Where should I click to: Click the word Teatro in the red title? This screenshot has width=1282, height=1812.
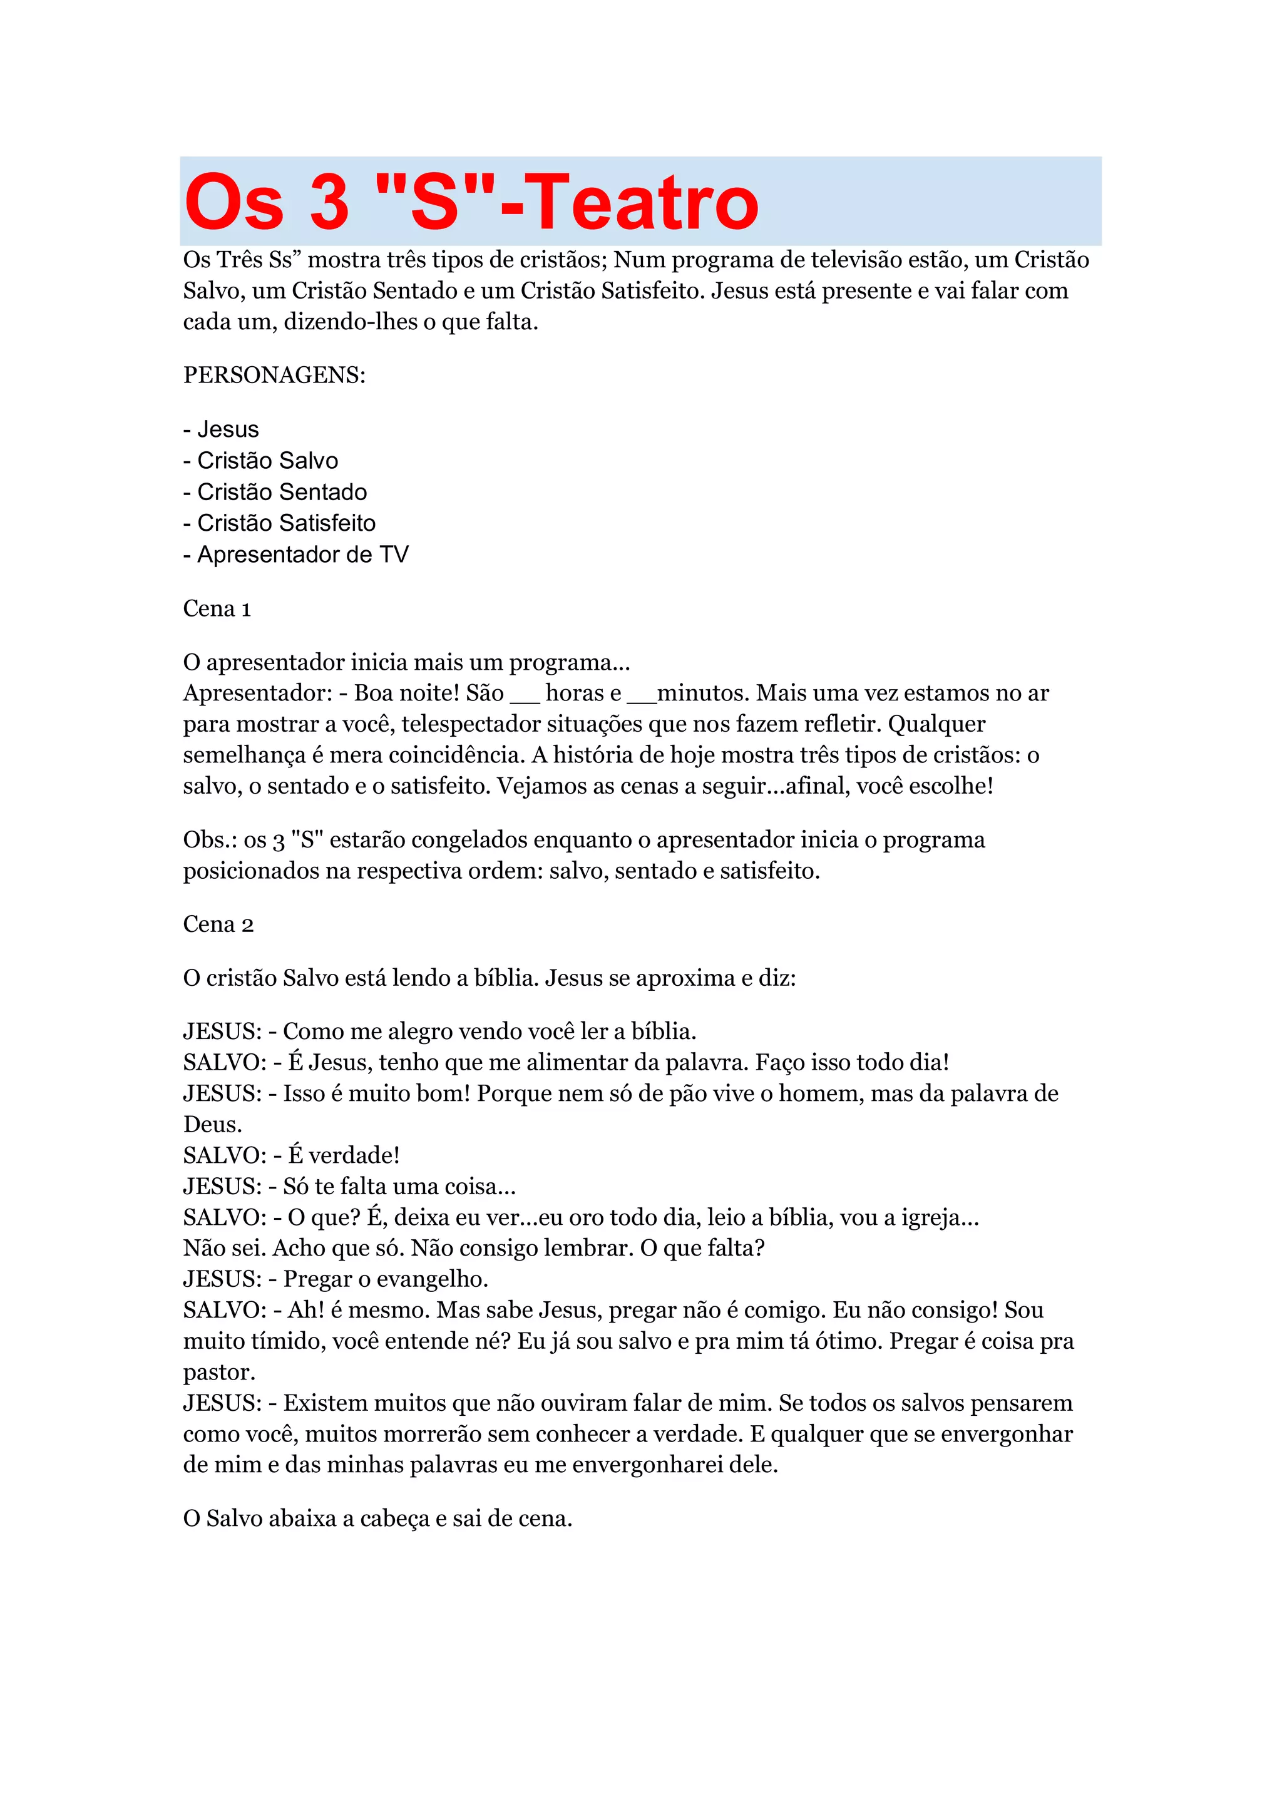pyautogui.click(x=641, y=203)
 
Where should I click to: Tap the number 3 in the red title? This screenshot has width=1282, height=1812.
pyautogui.click(x=329, y=203)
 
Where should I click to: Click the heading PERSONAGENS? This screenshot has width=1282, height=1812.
pyautogui.click(x=275, y=375)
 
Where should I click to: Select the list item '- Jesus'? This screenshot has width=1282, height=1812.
pyautogui.click(x=221, y=429)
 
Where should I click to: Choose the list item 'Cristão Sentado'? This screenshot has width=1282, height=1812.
pyautogui.click(x=282, y=493)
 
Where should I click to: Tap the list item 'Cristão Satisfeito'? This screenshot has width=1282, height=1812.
pyautogui.click(x=286, y=523)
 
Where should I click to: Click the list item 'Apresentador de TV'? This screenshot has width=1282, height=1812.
pyautogui.click(x=302, y=555)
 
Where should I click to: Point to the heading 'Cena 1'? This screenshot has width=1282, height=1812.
pyautogui.click(x=217, y=608)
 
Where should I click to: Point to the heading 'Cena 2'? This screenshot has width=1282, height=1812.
pyautogui.click(x=218, y=924)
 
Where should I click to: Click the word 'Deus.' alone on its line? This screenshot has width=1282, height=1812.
pyautogui.click(x=212, y=1125)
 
